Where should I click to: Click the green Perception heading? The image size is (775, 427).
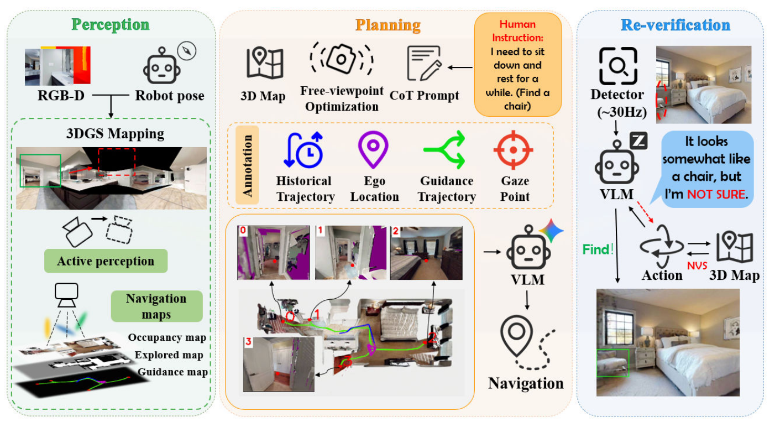(111, 24)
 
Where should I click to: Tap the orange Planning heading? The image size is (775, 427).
(388, 25)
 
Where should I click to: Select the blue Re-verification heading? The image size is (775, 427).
(675, 25)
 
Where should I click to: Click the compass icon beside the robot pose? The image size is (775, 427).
(186, 51)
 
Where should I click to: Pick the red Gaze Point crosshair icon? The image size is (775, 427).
(514, 150)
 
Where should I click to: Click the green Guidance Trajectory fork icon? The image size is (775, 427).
(445, 149)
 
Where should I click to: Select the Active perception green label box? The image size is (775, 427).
(106, 261)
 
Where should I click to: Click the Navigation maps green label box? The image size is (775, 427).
(157, 306)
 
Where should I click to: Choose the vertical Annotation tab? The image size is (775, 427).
(247, 165)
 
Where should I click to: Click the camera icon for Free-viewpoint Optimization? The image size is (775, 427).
(342, 59)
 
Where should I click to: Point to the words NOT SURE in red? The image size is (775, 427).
(716, 194)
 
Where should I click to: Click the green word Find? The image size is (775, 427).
(598, 249)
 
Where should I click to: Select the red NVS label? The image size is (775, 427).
(697, 265)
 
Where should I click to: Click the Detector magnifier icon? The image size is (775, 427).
(618, 66)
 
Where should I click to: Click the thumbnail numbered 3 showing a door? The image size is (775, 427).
(279, 364)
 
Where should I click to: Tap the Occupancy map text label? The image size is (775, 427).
(167, 337)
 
